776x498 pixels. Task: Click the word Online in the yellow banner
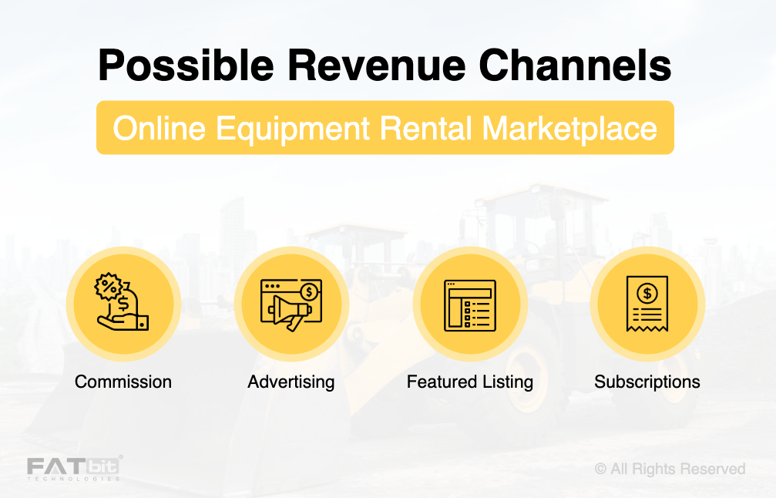pos(160,128)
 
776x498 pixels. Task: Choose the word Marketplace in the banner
pos(571,128)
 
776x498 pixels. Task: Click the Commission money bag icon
pos(123,304)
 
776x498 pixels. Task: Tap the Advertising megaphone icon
pos(291,305)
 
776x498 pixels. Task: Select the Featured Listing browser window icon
pos(469,305)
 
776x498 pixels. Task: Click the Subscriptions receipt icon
pos(647,305)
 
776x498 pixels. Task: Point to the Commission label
pos(123,382)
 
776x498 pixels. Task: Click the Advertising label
pos(291,382)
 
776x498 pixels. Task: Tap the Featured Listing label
pos(470,382)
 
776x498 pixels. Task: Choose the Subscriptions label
pos(647,382)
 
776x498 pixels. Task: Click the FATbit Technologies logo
pos(74,468)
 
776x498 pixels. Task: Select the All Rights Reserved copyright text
pos(670,469)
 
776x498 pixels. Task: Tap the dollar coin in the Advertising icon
pos(310,291)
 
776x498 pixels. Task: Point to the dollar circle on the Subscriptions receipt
pos(647,293)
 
